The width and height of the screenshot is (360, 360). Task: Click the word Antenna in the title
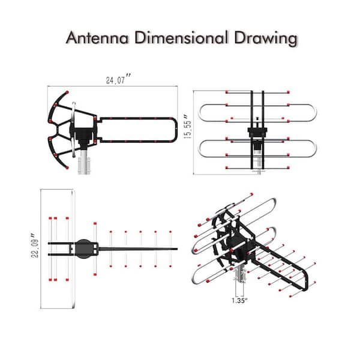point(97,38)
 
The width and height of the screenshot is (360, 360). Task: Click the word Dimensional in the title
point(181,38)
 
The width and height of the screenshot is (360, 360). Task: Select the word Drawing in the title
point(266,39)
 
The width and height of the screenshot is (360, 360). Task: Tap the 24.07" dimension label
point(118,79)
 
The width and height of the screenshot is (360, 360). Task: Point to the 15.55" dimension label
point(188,127)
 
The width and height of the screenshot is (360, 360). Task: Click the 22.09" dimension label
point(35,245)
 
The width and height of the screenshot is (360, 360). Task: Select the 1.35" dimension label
point(239,301)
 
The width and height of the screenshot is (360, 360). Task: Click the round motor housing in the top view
point(83,249)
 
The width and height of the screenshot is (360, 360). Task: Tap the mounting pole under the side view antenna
point(84,162)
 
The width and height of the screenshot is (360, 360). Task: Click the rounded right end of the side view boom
point(175,130)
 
